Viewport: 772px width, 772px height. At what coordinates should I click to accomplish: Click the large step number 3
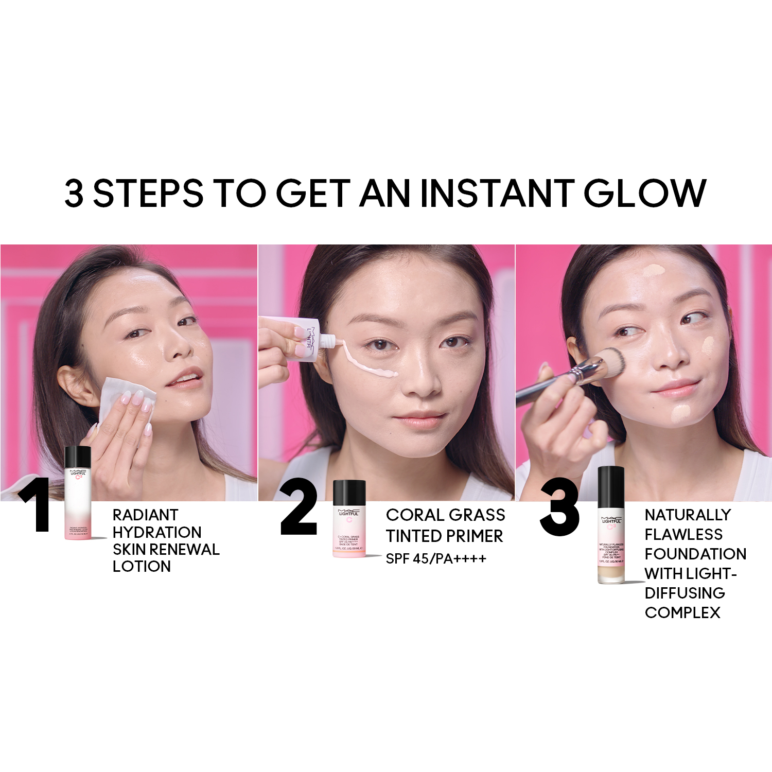559,507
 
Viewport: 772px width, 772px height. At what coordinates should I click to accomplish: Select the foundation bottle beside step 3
611,525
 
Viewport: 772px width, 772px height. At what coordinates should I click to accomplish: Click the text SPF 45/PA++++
436,559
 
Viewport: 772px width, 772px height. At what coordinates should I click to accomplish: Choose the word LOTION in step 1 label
142,567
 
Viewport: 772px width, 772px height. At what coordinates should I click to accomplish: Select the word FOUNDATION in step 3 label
695,554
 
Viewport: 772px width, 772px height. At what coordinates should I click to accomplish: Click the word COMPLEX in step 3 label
682,612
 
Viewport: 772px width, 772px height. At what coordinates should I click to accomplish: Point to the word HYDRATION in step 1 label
157,532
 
